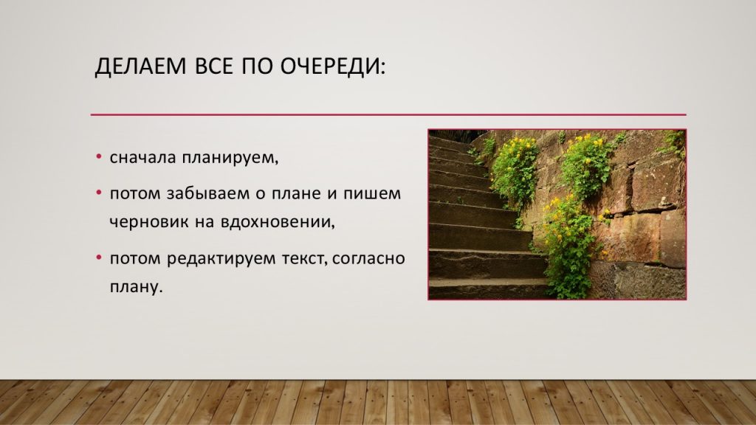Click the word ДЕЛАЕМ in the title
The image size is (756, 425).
point(140,66)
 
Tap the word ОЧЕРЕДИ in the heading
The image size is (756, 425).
point(329,66)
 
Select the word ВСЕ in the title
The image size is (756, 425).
point(213,66)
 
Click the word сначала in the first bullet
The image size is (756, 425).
point(142,158)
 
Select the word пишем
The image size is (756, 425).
point(372,194)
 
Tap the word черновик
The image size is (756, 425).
point(149,222)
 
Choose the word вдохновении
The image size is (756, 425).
point(278,222)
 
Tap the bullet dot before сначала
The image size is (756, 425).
point(99,157)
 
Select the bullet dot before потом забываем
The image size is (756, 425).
point(99,193)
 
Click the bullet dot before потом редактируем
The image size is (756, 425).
point(99,258)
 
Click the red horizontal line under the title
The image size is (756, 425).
point(388,114)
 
